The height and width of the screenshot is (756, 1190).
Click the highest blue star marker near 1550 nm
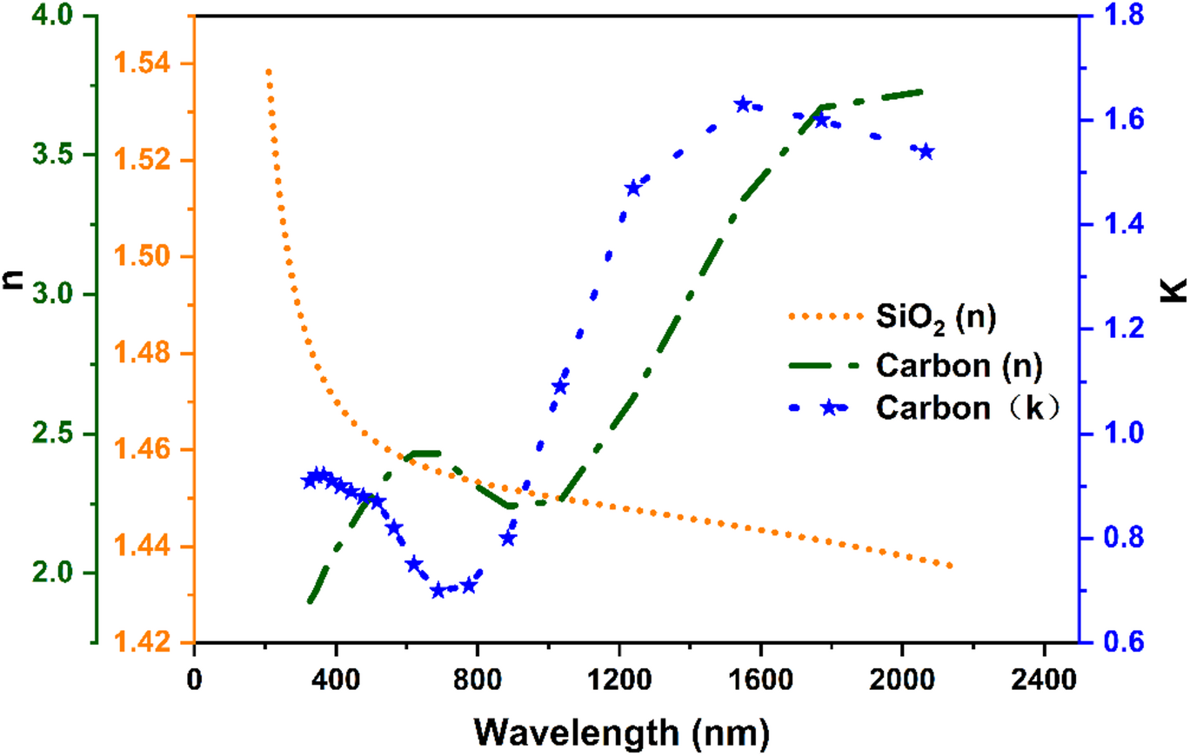(743, 104)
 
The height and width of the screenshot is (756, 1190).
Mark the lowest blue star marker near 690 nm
(438, 591)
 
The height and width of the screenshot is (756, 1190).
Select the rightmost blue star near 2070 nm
(926, 152)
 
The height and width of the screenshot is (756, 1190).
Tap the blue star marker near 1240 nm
(633, 189)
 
